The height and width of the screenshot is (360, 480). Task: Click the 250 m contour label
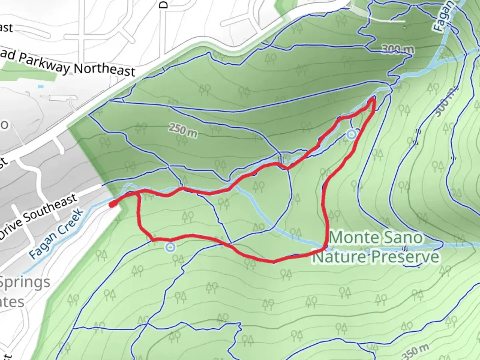[183, 130]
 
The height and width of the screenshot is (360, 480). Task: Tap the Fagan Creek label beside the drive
[56, 234]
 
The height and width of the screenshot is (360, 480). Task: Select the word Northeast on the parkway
[104, 70]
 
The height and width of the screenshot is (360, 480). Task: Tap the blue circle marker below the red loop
[170, 247]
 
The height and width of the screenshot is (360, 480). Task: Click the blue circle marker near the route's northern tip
[351, 135]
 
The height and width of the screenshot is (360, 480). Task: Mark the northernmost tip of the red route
[372, 99]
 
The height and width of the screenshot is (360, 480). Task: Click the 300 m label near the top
[398, 50]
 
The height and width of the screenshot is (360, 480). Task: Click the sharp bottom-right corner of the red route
[325, 248]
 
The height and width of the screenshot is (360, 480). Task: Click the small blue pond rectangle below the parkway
[41, 87]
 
